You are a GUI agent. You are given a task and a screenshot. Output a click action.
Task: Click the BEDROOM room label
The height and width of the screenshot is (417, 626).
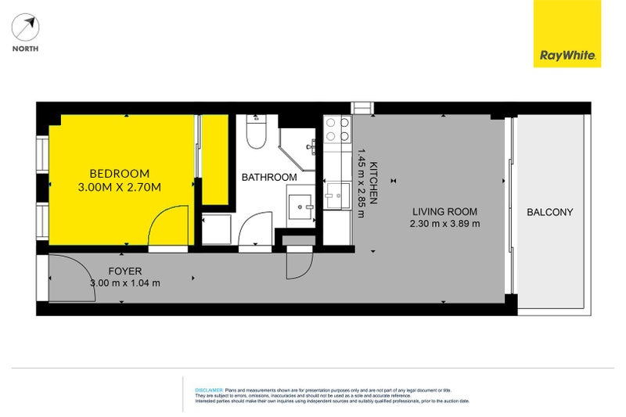click(119, 173)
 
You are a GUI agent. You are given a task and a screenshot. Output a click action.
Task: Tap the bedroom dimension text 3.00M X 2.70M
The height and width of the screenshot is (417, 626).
click(119, 187)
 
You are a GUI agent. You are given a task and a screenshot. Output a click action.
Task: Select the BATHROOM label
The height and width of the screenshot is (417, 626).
click(268, 178)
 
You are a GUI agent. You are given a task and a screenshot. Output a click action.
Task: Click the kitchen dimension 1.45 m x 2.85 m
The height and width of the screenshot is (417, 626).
click(362, 185)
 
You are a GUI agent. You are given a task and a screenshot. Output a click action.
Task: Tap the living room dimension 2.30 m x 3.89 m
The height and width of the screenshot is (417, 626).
click(444, 224)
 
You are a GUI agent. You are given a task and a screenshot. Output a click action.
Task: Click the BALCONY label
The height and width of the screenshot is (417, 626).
click(549, 212)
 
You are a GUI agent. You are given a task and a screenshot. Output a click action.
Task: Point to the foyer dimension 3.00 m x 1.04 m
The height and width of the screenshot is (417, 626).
click(125, 283)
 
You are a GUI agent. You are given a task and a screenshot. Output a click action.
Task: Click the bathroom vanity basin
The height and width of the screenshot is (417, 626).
click(300, 207)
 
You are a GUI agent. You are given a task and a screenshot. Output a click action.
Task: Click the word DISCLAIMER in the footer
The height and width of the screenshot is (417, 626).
click(208, 389)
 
